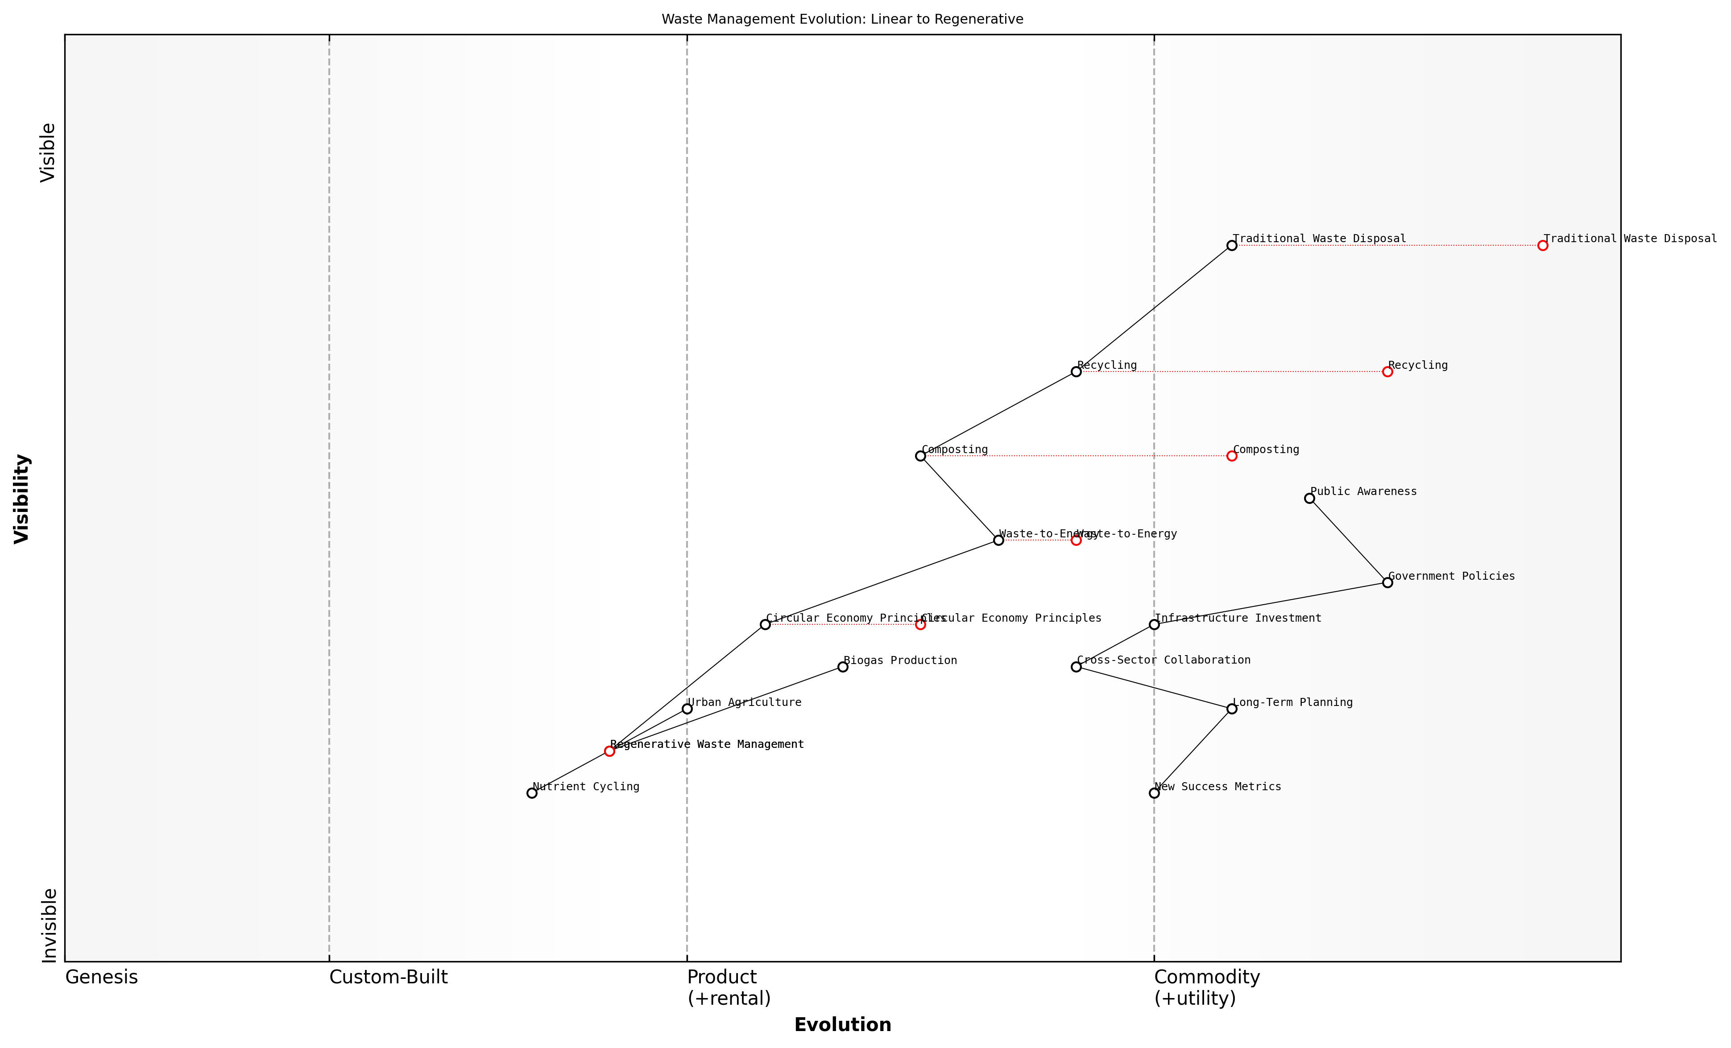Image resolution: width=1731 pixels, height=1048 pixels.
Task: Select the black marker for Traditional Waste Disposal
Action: point(1231,245)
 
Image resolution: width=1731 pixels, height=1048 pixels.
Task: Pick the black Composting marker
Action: point(920,456)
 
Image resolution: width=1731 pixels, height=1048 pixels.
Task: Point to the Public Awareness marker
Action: point(1309,498)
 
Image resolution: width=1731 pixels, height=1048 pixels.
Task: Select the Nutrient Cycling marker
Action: point(532,793)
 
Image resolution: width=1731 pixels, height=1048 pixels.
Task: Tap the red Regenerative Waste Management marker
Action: point(609,751)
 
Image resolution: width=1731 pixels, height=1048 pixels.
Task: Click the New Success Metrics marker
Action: point(1154,793)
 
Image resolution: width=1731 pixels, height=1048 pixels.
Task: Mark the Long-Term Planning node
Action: point(1231,709)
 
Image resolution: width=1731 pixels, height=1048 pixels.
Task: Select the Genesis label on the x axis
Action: point(101,977)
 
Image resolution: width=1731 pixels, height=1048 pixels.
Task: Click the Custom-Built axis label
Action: point(389,977)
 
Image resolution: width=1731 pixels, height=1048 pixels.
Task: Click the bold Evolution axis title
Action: point(842,1025)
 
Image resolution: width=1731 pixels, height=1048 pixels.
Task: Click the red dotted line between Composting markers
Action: point(1075,456)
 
